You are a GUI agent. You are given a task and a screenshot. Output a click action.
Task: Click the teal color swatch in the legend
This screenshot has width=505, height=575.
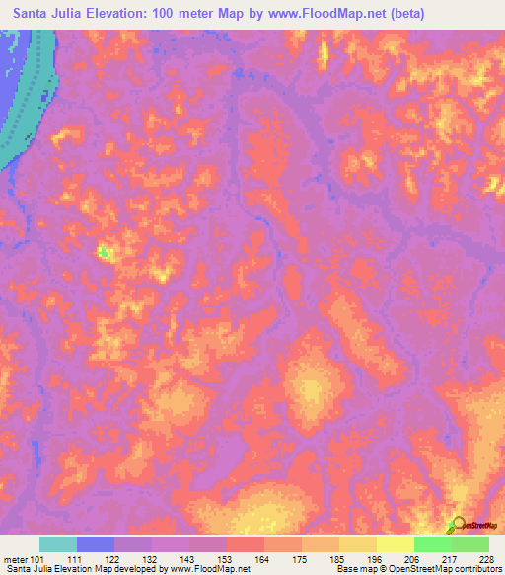(x=58, y=544)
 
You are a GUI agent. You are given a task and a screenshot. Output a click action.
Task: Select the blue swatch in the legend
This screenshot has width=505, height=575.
(x=96, y=544)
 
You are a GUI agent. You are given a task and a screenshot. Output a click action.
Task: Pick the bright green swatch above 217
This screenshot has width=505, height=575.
(x=433, y=544)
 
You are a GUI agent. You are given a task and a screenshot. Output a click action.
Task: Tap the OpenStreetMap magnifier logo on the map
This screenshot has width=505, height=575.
(x=456, y=525)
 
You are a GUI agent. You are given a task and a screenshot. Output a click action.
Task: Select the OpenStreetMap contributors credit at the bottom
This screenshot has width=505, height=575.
(x=447, y=569)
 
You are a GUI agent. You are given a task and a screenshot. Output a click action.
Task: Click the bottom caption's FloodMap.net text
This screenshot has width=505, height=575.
(x=223, y=569)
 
